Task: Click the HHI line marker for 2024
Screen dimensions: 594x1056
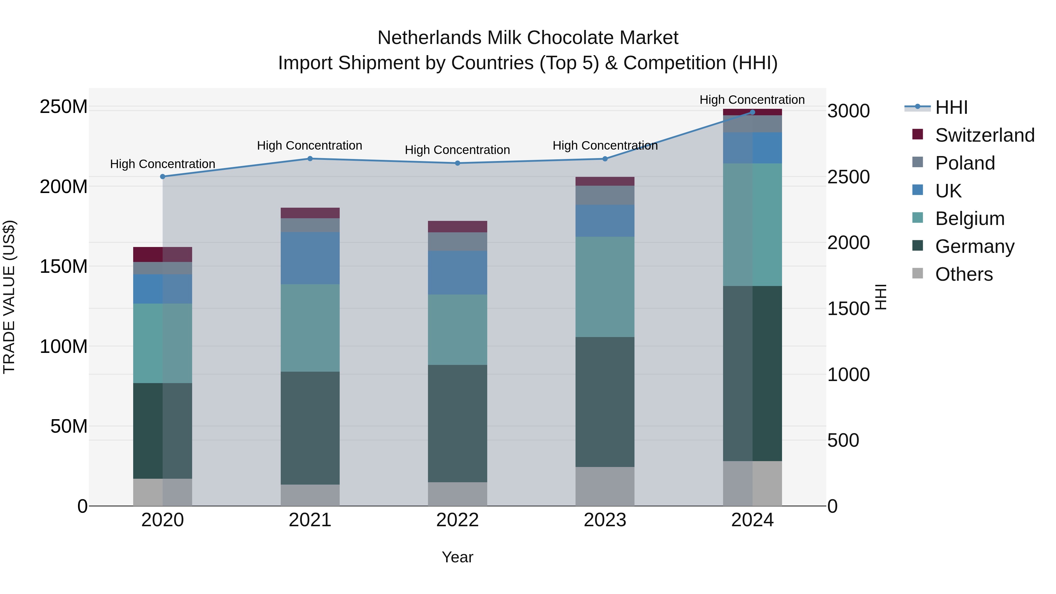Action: [752, 112]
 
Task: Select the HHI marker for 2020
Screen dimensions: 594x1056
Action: [163, 177]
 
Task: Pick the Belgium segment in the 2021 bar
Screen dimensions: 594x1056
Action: [310, 328]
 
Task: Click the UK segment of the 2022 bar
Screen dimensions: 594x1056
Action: [458, 273]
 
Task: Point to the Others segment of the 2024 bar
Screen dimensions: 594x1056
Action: [752, 483]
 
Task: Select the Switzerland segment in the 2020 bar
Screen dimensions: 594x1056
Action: [163, 255]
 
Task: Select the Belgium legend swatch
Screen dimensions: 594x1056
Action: [918, 218]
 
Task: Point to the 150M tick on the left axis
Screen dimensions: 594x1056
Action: [64, 266]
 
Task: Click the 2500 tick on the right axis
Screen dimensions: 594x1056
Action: [848, 177]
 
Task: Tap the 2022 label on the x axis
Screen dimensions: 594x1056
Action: [458, 520]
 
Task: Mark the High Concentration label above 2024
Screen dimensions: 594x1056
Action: [752, 100]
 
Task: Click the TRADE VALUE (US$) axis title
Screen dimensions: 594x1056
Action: [9, 297]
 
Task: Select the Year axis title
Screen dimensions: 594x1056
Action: [458, 557]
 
